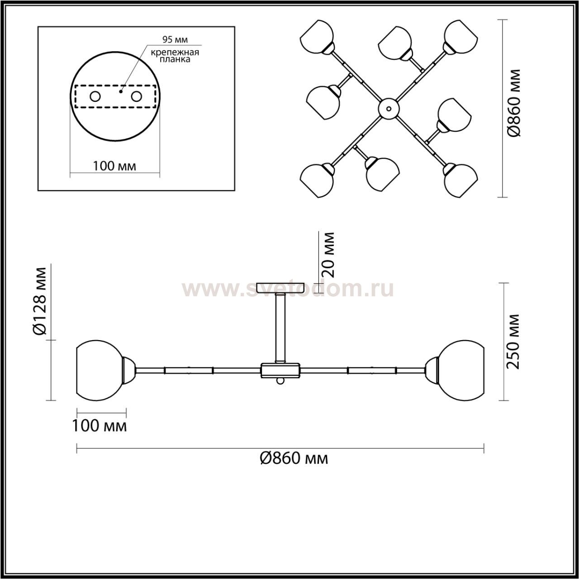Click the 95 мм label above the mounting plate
pyautogui.click(x=175, y=39)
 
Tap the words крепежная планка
pyautogui.click(x=175, y=56)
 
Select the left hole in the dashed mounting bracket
pyautogui.click(x=95, y=97)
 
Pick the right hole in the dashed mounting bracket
pyautogui.click(x=137, y=97)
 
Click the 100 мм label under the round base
pyautogui.click(x=114, y=166)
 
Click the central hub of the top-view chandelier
pyautogui.click(x=389, y=108)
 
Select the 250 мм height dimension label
pyautogui.click(x=513, y=342)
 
